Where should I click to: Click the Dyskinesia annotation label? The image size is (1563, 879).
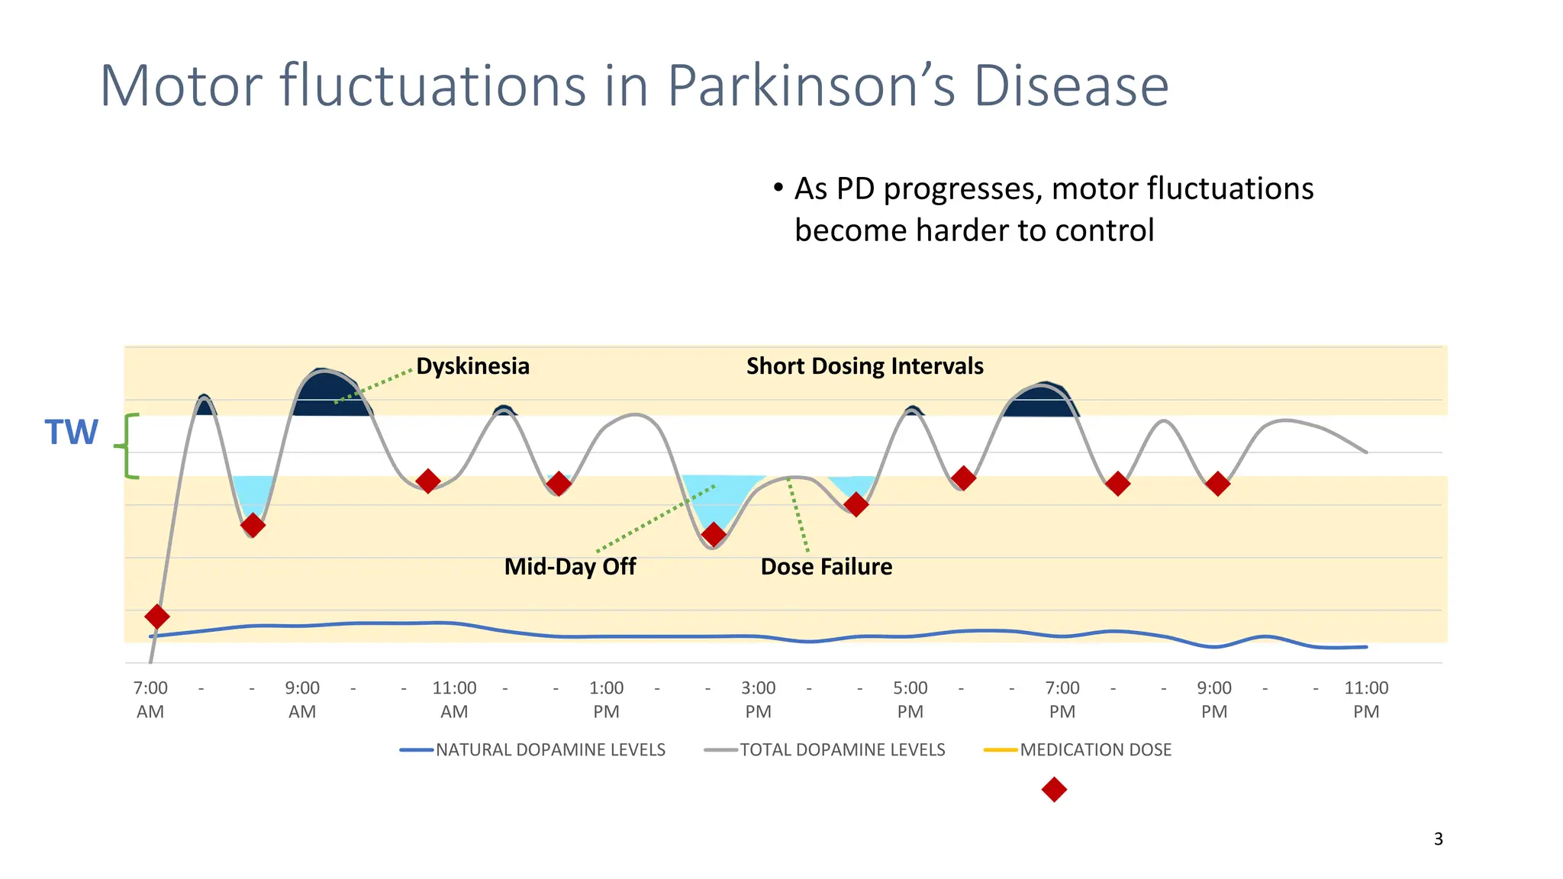pyautogui.click(x=472, y=366)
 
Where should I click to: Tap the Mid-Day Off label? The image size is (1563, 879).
pyautogui.click(x=570, y=567)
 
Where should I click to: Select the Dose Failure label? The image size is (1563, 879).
pyautogui.click(x=827, y=567)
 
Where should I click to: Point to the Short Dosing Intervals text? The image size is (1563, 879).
pyautogui.click(x=865, y=366)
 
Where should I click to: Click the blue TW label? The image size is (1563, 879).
pyautogui.click(x=71, y=433)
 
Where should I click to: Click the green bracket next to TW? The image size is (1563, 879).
pyautogui.click(x=128, y=446)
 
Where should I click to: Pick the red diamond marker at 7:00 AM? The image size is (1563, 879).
pyautogui.click(x=156, y=617)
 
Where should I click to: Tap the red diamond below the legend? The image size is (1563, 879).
pyautogui.click(x=1054, y=790)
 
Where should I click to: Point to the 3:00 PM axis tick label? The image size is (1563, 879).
pyautogui.click(x=758, y=699)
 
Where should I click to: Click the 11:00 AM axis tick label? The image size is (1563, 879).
pyautogui.click(x=454, y=699)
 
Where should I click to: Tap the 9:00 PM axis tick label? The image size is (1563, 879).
pyautogui.click(x=1213, y=699)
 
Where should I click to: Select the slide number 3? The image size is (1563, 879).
pyautogui.click(x=1438, y=839)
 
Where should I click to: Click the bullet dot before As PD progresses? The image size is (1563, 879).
pyautogui.click(x=778, y=188)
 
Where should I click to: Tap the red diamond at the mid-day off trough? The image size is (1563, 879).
pyautogui.click(x=713, y=535)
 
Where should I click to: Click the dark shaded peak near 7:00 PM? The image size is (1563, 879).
pyautogui.click(x=1041, y=401)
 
